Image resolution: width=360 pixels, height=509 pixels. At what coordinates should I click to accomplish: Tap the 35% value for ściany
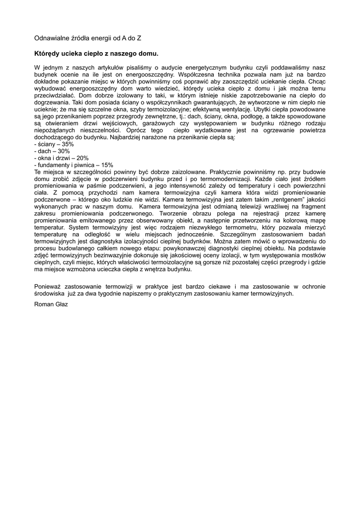[67, 144]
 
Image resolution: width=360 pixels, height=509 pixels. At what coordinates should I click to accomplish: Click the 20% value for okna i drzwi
[83, 158]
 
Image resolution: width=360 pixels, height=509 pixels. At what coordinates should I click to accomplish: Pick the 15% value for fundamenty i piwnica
[107, 165]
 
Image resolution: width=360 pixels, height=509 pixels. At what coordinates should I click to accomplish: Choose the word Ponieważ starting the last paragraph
[49, 286]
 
